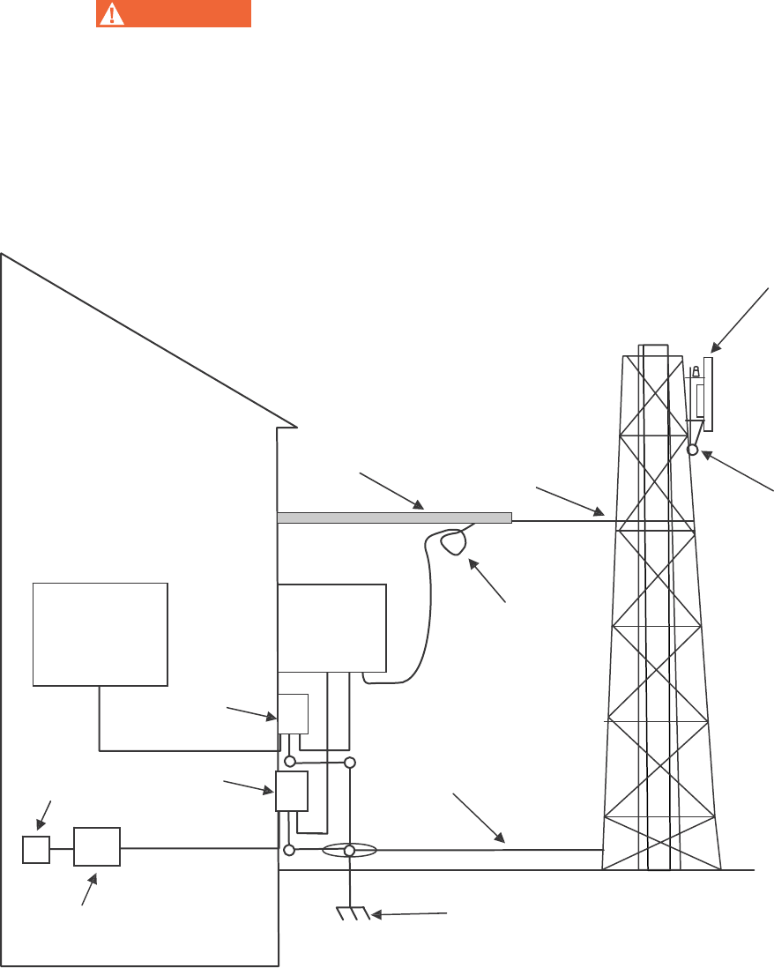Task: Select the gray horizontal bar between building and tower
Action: pos(394,518)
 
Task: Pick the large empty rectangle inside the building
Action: pos(100,633)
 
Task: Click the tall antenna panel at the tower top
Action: pos(708,393)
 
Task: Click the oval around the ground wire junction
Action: pos(349,851)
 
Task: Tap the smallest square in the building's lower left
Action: pos(35,850)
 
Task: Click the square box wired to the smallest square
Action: pos(97,848)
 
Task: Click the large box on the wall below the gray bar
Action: pos(331,627)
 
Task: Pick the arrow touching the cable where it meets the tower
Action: pos(571,499)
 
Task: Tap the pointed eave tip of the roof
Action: pos(297,426)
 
